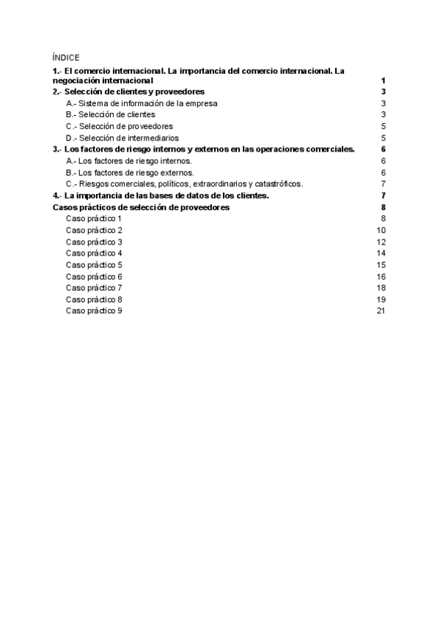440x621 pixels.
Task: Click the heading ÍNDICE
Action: click(66, 57)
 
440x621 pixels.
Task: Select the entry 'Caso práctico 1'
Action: click(94, 219)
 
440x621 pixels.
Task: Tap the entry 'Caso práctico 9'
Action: click(94, 311)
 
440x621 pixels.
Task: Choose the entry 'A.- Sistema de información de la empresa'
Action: click(142, 104)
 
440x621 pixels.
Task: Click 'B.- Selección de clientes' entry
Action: click(111, 115)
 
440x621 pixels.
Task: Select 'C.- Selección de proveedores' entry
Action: click(118, 127)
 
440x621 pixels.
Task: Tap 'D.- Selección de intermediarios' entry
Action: click(122, 138)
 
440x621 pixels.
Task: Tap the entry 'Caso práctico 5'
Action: click(94, 265)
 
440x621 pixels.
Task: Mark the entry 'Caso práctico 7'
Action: click(94, 288)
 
